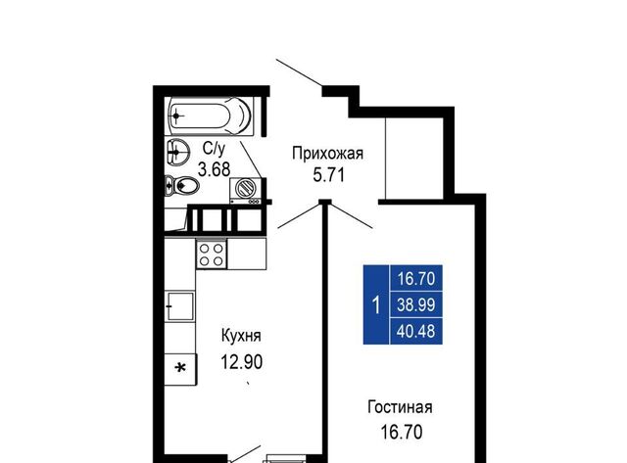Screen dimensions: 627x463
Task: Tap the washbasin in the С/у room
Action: tap(177, 152)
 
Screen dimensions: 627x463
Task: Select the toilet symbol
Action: tap(181, 185)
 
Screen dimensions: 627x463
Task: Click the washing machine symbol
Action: tap(246, 191)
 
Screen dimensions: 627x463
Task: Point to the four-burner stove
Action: tap(212, 255)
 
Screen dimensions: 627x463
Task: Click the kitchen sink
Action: tap(180, 306)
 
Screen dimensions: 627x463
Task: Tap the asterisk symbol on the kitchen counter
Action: tap(181, 368)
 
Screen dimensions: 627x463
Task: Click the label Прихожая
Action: tap(327, 154)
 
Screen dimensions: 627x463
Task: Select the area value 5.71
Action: tap(328, 175)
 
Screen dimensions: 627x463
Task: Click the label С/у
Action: tap(214, 148)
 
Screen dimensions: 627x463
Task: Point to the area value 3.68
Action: tap(214, 169)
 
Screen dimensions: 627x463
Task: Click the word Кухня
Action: tap(241, 336)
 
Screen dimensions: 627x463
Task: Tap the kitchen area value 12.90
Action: tap(242, 362)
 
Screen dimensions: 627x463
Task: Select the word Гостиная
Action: tap(400, 407)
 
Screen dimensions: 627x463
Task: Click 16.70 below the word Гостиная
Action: tap(401, 433)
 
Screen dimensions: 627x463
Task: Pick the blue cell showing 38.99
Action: tap(415, 304)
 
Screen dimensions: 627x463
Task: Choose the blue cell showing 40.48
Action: tap(415, 331)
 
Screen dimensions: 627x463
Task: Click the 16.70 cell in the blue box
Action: tap(415, 278)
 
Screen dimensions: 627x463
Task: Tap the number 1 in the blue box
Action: tap(376, 305)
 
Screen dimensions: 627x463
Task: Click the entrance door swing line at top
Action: tap(300, 73)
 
